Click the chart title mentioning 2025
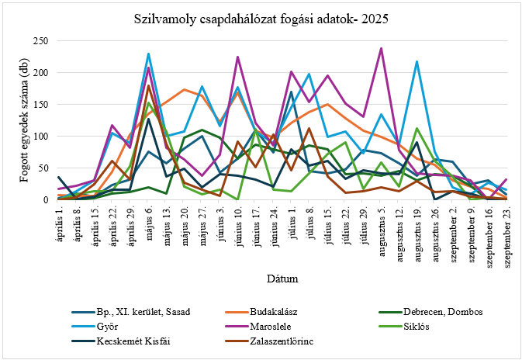(261, 16)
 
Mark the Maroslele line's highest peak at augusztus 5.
(381, 48)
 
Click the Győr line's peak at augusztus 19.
(417, 61)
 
